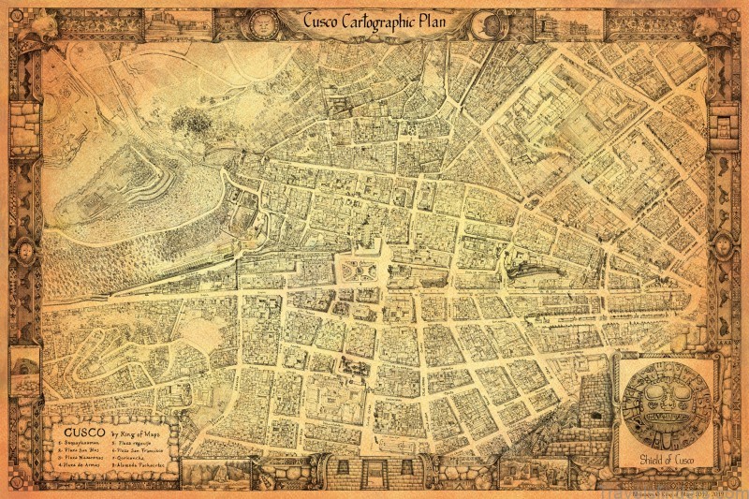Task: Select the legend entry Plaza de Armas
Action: point(80,462)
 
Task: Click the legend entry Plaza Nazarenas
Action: point(81,454)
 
